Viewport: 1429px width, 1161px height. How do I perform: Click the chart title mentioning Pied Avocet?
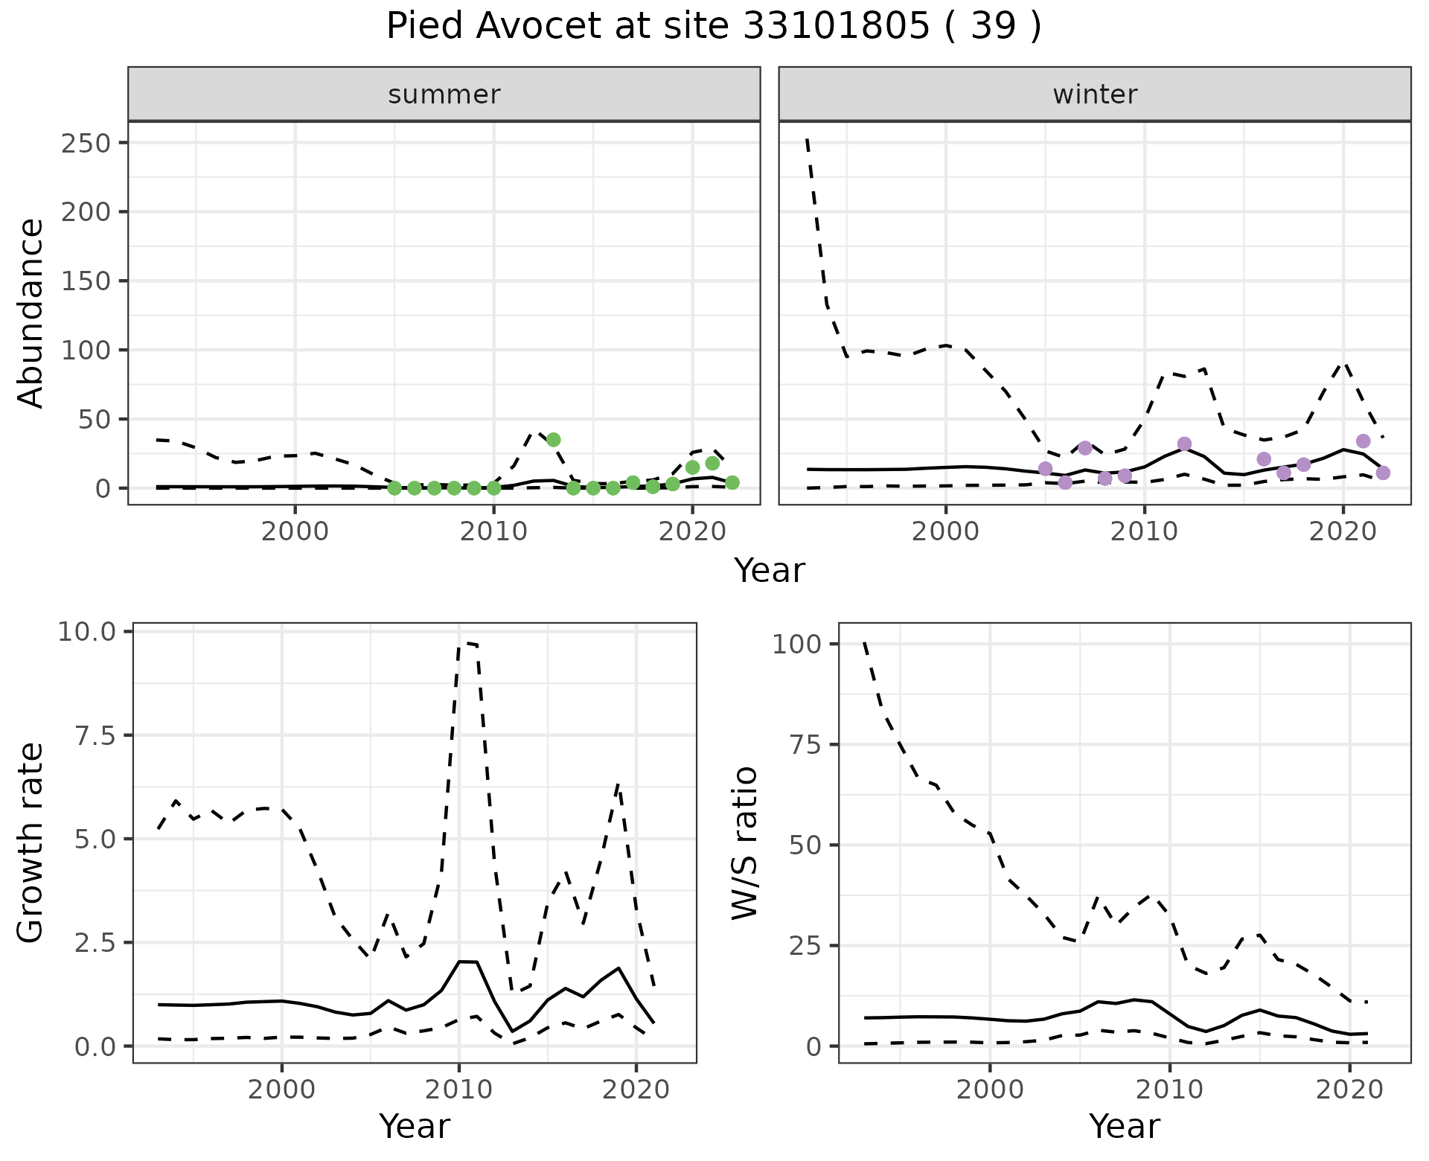pyautogui.click(x=714, y=27)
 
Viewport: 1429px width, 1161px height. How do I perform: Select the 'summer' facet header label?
pyautogui.click(x=444, y=95)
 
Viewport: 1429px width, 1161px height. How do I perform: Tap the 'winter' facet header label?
pyautogui.click(x=1095, y=95)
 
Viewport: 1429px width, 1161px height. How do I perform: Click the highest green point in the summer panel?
pyautogui.click(x=553, y=440)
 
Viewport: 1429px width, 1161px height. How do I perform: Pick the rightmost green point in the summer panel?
pyautogui.click(x=732, y=483)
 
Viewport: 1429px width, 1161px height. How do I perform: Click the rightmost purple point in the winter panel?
pyautogui.click(x=1383, y=473)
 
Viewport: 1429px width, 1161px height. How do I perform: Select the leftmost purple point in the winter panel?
pyautogui.click(x=1045, y=469)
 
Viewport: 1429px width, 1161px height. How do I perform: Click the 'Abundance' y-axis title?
pyautogui.click(x=31, y=313)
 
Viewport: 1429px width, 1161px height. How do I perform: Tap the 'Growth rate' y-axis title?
pyautogui.click(x=31, y=843)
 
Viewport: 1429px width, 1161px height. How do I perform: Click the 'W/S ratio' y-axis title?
pyautogui.click(x=744, y=843)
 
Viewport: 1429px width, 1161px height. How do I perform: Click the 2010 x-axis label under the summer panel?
pyautogui.click(x=493, y=532)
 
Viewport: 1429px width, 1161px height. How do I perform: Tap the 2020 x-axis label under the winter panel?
pyautogui.click(x=1343, y=532)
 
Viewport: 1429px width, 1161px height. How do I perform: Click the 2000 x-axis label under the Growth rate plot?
pyautogui.click(x=281, y=1090)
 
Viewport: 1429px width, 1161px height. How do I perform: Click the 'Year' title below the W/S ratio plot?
pyautogui.click(x=1124, y=1127)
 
